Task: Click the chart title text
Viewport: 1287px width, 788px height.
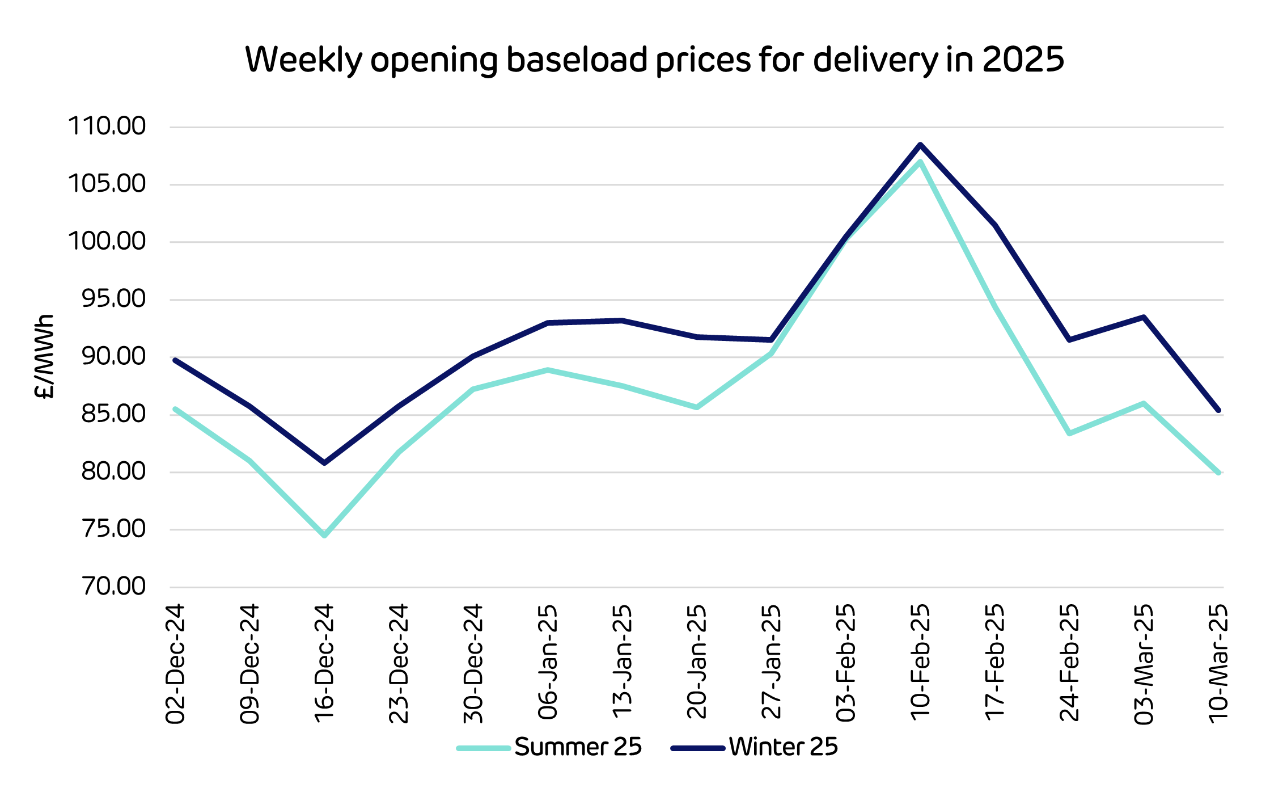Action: click(654, 59)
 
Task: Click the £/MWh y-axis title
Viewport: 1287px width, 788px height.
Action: click(44, 356)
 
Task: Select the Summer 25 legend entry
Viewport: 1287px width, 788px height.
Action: click(578, 747)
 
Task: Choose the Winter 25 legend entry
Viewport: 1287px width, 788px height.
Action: click(783, 747)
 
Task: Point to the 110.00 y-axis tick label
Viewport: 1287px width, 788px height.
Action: click(107, 126)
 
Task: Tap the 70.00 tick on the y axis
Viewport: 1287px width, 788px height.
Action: click(113, 586)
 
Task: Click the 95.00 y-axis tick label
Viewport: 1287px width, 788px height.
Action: click(113, 298)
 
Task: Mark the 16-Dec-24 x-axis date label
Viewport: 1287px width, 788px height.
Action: click(324, 663)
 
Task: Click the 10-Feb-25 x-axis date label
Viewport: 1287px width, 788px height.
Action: click(920, 662)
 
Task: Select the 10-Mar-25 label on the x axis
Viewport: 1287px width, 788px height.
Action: click(1218, 663)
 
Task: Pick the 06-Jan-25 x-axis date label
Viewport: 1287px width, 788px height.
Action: click(548, 662)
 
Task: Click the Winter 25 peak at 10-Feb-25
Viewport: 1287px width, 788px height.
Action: click(920, 145)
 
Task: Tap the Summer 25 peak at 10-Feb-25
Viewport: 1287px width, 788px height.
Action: click(920, 162)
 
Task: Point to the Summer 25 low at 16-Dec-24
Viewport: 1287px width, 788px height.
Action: click(324, 535)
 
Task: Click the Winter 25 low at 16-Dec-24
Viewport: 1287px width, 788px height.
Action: click(324, 463)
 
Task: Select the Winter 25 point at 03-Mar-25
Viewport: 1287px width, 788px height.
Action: click(1144, 317)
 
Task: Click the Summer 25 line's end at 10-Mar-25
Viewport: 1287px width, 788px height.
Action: click(1218, 472)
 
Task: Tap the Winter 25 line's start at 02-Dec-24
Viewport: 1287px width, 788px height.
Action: click(175, 360)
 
